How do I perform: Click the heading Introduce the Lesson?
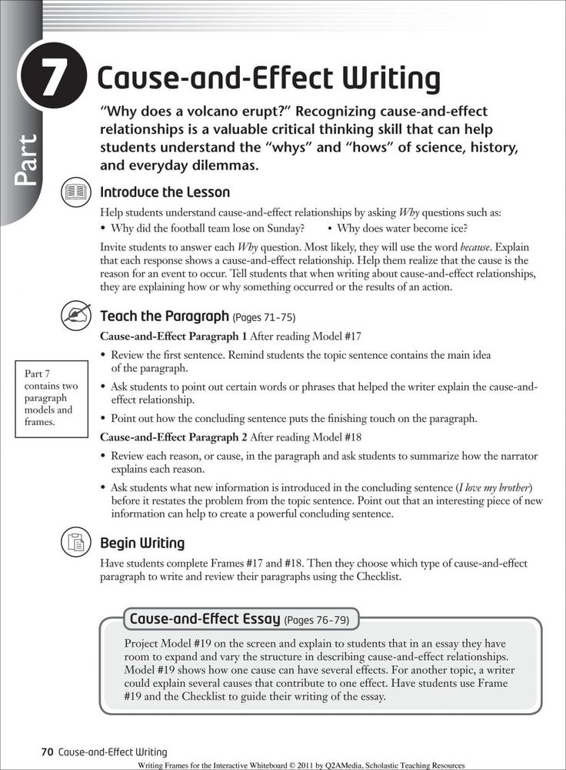point(165,192)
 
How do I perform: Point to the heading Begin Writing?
point(142,544)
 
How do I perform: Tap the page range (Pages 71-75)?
point(265,316)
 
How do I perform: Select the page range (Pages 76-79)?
point(316,619)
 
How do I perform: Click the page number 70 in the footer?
point(47,752)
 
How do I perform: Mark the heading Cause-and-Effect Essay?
point(205,618)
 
